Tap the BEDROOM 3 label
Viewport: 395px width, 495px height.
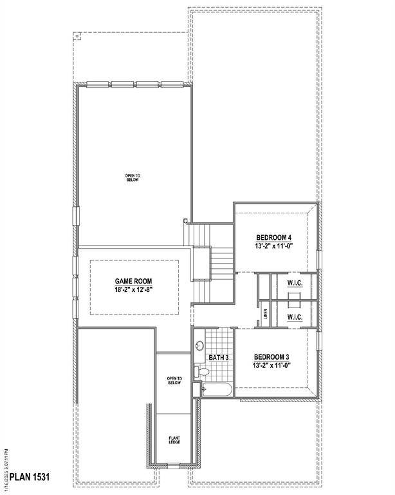coord(275,357)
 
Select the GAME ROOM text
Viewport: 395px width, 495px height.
coord(133,281)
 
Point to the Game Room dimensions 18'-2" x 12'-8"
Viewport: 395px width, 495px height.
coord(133,290)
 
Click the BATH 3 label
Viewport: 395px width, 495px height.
coord(219,357)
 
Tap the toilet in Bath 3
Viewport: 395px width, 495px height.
coord(203,372)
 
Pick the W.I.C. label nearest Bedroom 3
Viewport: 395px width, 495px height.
coord(295,317)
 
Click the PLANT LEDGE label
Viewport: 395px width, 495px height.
coord(174,440)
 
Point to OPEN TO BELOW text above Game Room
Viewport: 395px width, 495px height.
coord(132,177)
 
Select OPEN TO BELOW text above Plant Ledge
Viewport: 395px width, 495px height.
coord(174,380)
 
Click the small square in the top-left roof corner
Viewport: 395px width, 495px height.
coord(78,36)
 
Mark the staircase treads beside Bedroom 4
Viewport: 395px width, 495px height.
coord(221,261)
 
